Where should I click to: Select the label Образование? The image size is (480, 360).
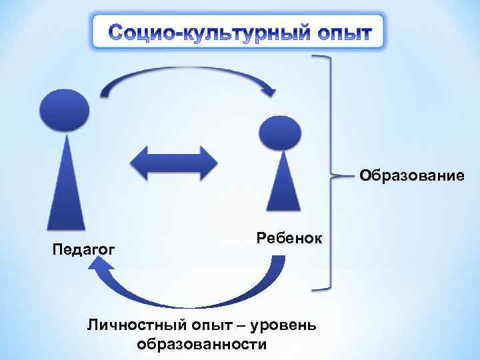(x=411, y=176)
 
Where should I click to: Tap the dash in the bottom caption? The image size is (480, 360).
(x=239, y=325)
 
